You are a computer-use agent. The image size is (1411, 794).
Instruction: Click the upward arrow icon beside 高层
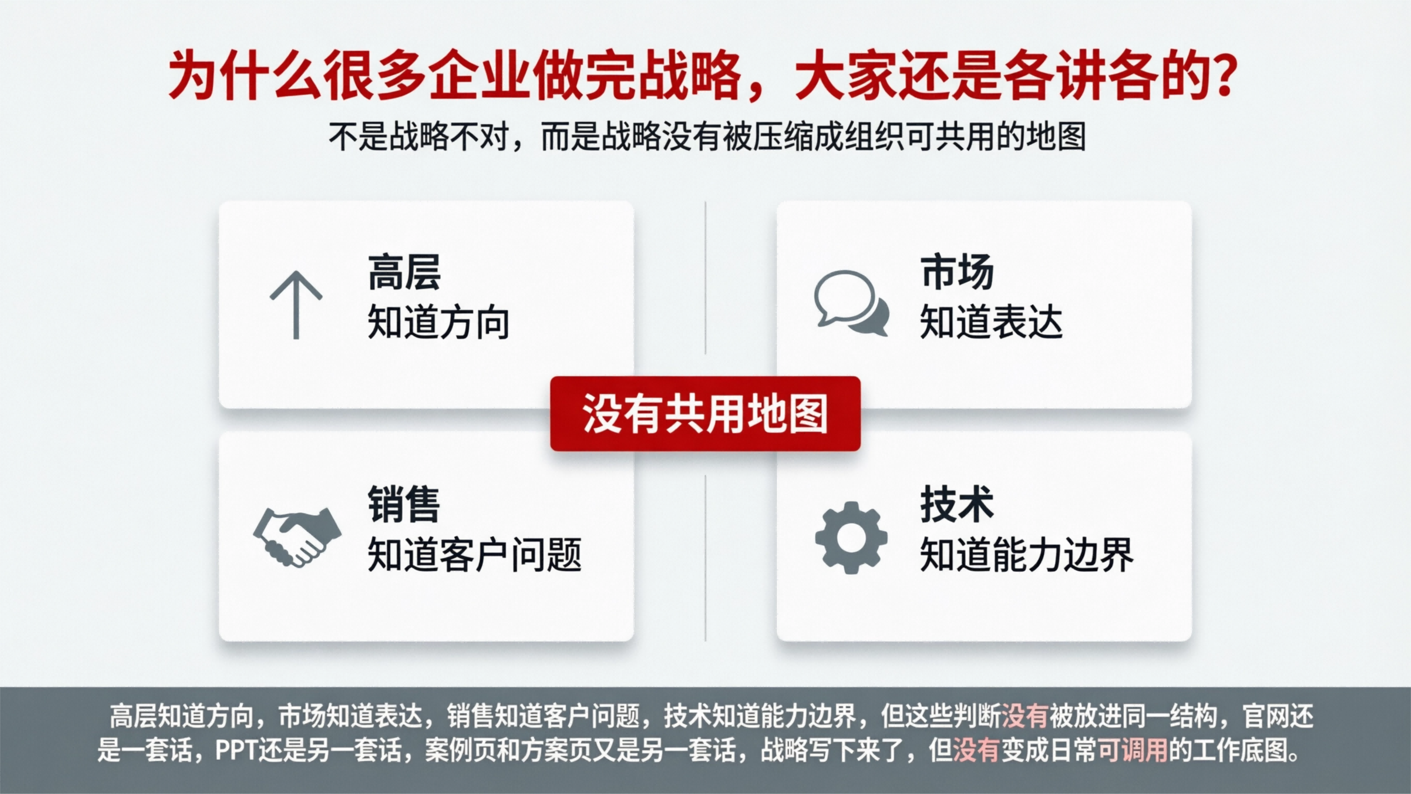coord(296,305)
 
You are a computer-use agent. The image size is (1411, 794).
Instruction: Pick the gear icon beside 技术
coord(851,537)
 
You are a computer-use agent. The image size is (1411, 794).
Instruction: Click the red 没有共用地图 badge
coord(705,414)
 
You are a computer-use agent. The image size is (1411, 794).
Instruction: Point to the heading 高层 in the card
coord(404,272)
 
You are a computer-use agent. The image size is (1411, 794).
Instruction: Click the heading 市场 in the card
coord(956,272)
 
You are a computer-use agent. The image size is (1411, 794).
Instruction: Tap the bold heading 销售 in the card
coord(404,505)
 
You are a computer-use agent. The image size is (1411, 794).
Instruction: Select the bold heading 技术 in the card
coord(956,505)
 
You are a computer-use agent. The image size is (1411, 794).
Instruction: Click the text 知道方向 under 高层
coord(438,323)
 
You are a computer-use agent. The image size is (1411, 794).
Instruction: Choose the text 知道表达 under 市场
coord(991,323)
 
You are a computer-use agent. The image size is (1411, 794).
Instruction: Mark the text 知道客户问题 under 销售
coord(474,555)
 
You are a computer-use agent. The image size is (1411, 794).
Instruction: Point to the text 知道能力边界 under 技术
coord(1026,555)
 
